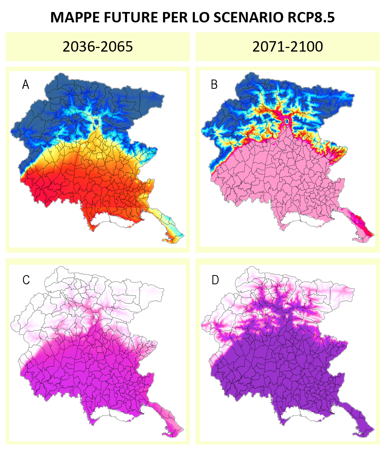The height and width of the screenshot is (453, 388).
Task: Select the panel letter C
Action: pyautogui.click(x=26, y=280)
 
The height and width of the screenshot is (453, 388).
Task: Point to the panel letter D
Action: pyautogui.click(x=215, y=280)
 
